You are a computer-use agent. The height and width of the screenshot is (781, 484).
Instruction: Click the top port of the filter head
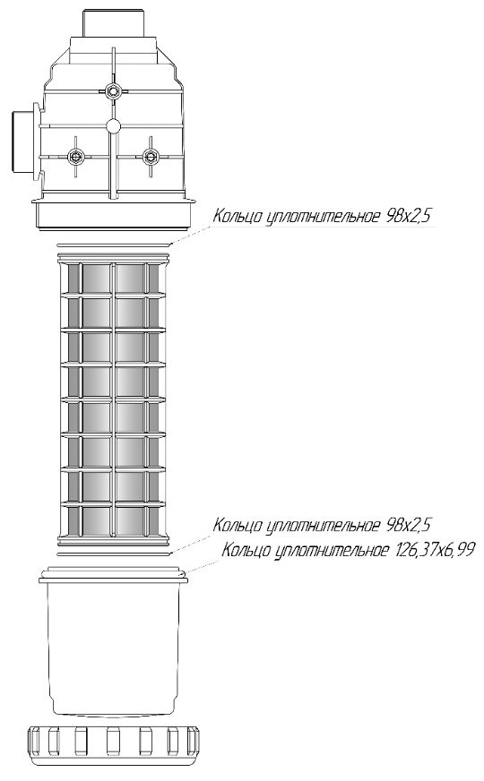(113, 23)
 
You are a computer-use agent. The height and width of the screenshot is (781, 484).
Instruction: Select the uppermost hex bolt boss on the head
(114, 90)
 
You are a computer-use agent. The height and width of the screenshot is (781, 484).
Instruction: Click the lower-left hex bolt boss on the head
(76, 157)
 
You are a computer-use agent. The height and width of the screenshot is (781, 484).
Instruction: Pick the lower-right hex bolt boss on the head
(149, 157)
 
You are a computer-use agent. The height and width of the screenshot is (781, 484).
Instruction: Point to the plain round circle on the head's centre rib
(113, 126)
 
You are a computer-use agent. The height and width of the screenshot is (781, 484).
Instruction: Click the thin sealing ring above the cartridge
(114, 245)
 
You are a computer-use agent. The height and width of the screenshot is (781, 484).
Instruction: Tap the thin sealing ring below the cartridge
(114, 554)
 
